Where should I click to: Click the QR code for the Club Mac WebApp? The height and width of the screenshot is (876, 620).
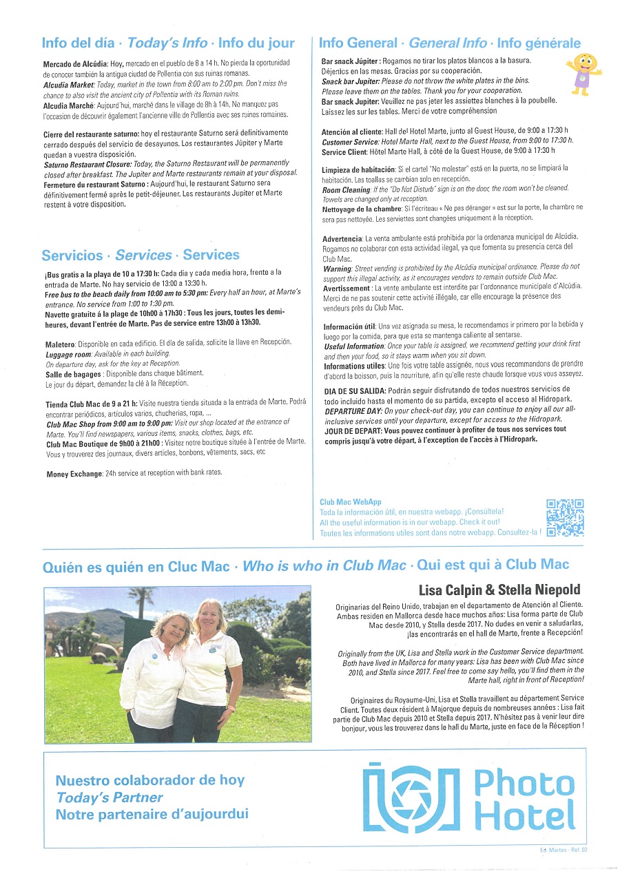pos(565,518)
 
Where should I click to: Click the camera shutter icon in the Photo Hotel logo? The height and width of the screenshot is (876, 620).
pos(411,797)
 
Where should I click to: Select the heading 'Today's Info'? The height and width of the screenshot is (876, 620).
pos(167,43)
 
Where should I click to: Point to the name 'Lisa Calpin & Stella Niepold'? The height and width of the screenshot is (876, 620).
pos(499,590)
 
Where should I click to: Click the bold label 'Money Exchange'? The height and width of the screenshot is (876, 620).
pos(74,474)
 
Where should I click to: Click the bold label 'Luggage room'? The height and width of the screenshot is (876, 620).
pos(71,353)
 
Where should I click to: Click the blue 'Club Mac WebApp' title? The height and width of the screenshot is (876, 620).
pos(351,502)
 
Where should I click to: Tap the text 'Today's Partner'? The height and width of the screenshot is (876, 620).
pos(110,797)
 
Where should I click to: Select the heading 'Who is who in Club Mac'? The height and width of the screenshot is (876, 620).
pos(324,565)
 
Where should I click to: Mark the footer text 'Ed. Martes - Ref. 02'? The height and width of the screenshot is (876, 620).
pos(564,850)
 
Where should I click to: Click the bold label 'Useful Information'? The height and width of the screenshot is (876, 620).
pos(353,346)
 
